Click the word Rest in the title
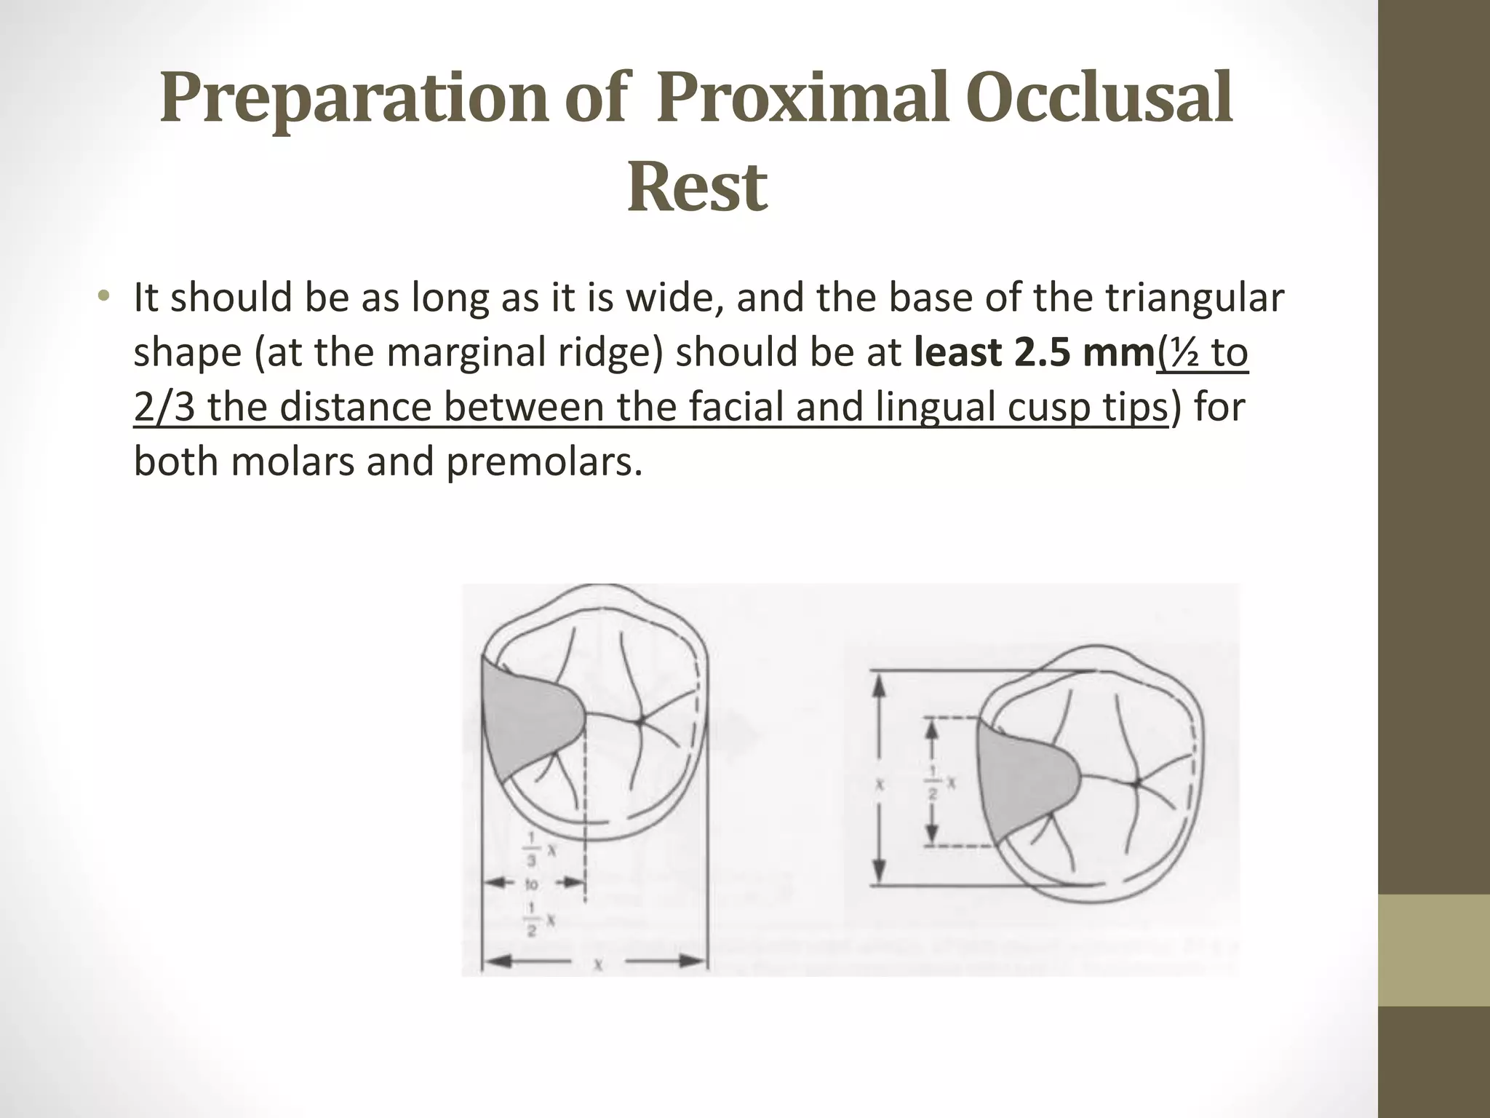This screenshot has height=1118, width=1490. pyautogui.click(x=697, y=187)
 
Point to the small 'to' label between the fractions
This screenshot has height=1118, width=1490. pyautogui.click(x=532, y=886)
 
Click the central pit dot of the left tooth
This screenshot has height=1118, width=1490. pyautogui.click(x=640, y=721)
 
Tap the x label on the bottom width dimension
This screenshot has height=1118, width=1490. pyautogui.click(x=597, y=964)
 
